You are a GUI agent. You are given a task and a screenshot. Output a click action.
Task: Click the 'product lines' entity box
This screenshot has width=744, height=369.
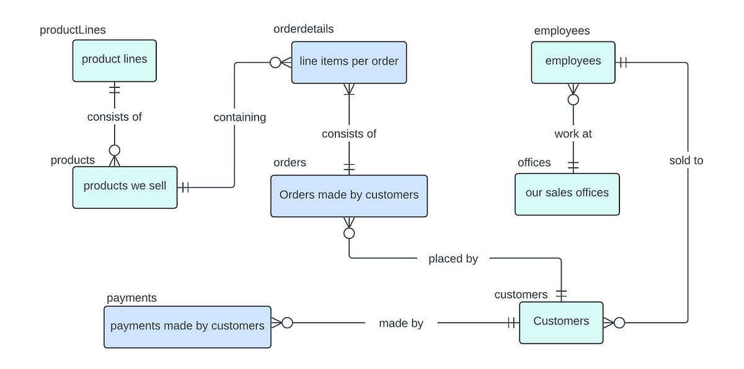click(115, 61)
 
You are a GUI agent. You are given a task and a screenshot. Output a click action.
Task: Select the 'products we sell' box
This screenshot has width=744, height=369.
click(125, 187)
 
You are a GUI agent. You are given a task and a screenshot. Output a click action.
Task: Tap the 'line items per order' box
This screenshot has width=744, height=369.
click(349, 62)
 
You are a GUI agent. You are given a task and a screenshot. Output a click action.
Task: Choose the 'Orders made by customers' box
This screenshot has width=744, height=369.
click(349, 196)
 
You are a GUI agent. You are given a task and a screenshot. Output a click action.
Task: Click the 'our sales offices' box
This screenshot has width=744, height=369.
click(567, 194)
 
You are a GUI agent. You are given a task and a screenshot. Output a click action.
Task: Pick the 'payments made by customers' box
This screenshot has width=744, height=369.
click(187, 326)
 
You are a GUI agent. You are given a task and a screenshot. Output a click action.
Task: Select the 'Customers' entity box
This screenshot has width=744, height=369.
click(561, 322)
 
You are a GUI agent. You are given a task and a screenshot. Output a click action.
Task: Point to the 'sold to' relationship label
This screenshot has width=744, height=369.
click(686, 160)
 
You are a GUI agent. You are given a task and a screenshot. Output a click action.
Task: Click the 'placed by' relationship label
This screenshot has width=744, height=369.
click(453, 259)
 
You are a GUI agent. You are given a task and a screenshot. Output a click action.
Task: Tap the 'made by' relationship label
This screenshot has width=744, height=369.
click(401, 323)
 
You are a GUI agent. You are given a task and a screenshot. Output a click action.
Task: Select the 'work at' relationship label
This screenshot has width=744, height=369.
click(573, 134)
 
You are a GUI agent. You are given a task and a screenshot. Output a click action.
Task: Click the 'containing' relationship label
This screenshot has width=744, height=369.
click(240, 117)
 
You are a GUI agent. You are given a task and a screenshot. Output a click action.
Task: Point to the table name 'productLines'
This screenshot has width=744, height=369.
click(73, 30)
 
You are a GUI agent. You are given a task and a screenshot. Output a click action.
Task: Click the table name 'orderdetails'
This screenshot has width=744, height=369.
click(304, 29)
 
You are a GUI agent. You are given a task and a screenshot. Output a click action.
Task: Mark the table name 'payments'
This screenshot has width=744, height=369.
click(131, 298)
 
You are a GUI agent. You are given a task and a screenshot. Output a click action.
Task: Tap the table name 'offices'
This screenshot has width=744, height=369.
click(534, 163)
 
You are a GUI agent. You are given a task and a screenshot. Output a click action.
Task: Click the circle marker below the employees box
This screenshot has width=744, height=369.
click(573, 100)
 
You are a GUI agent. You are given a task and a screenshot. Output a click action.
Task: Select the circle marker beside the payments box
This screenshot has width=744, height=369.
click(287, 323)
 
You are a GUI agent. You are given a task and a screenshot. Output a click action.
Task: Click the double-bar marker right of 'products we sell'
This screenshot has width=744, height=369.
click(185, 187)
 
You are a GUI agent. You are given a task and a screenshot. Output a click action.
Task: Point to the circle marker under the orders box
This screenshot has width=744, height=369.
click(349, 233)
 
